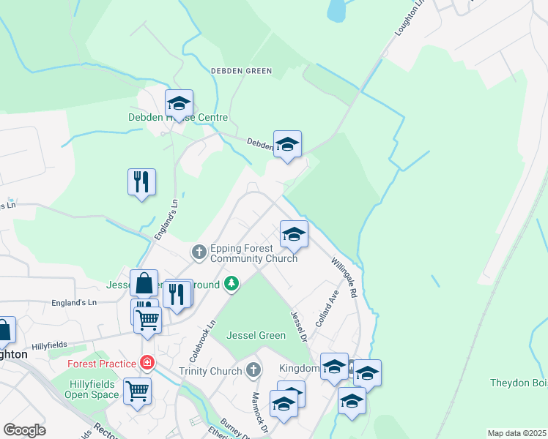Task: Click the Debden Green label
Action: pos(241,71)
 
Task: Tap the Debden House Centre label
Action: pos(178,117)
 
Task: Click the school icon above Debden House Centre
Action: pos(179,102)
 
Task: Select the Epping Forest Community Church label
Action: pos(253,253)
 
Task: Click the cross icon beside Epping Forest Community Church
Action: pos(199,252)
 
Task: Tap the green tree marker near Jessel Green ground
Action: pos(232,282)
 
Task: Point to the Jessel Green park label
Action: pos(256,336)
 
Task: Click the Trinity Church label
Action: pos(210,371)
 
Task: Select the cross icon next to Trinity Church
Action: pos(253,370)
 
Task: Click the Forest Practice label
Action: pos(102,364)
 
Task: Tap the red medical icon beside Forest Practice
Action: pos(147,363)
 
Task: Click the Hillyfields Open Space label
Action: pos(94,389)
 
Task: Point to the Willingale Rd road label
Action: pos(343,277)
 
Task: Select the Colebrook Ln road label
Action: pos(204,339)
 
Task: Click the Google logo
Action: pos(24,430)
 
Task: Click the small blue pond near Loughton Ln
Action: pos(336,10)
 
